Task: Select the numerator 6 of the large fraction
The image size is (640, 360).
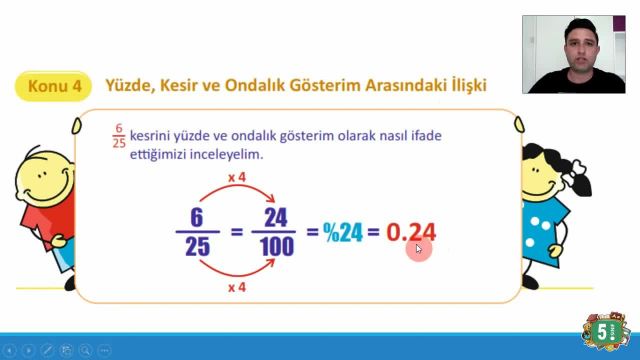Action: (x=197, y=218)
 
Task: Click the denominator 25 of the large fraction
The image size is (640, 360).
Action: (x=197, y=246)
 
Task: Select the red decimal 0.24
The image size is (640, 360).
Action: (x=411, y=233)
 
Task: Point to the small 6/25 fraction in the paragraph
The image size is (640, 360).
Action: (x=118, y=137)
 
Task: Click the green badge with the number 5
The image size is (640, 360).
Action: (x=601, y=331)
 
